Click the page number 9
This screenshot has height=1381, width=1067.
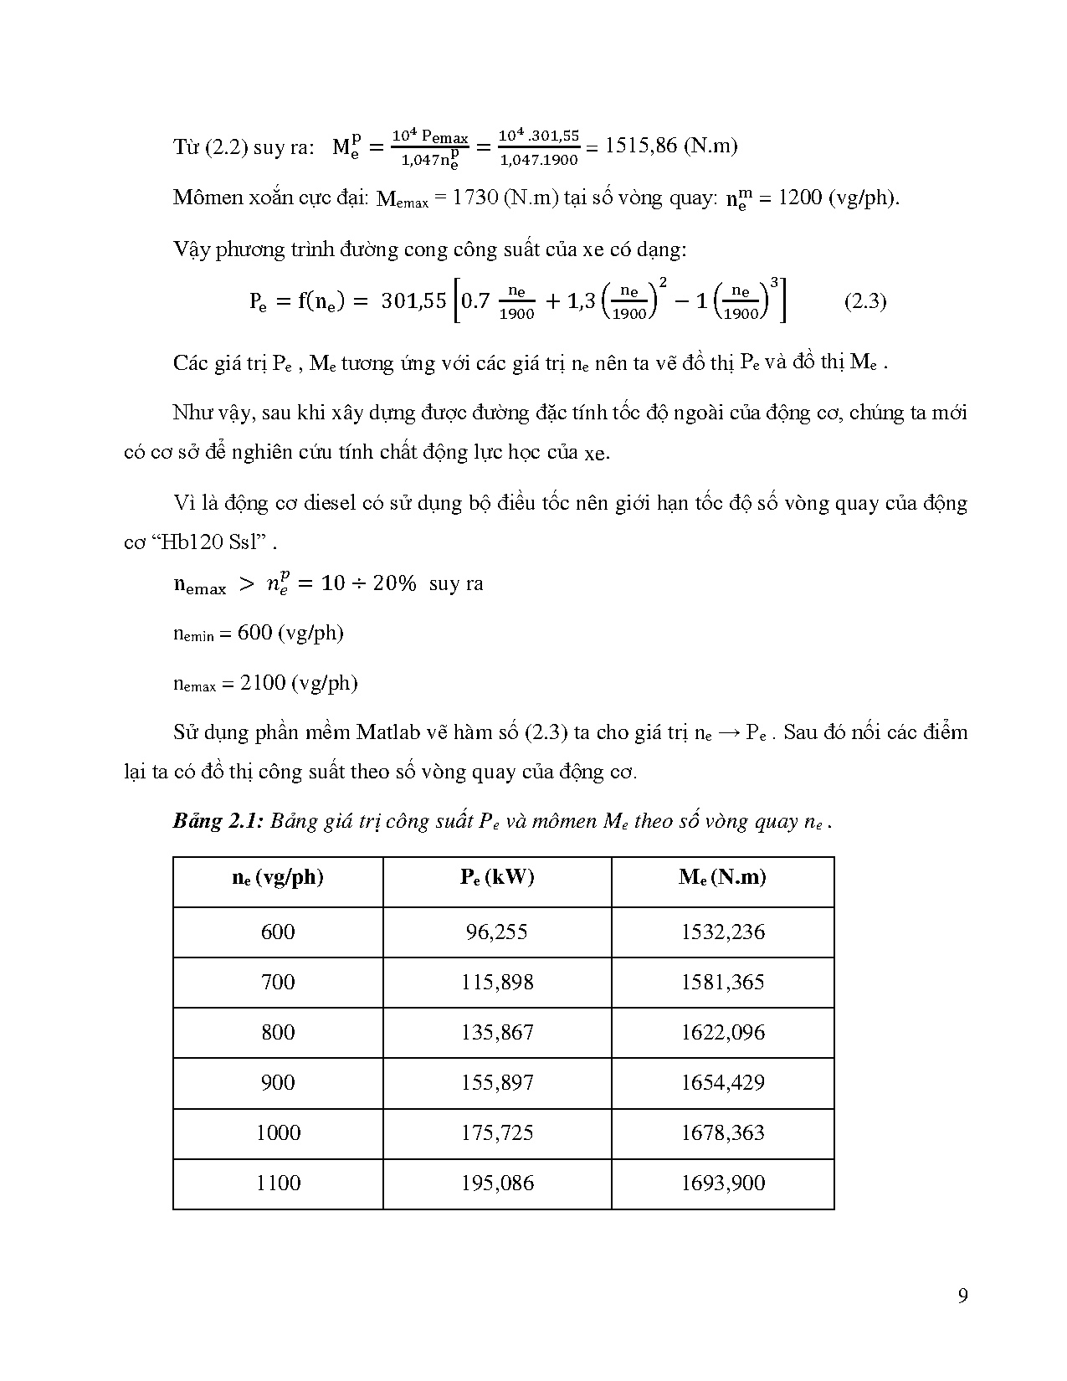[x=962, y=1296]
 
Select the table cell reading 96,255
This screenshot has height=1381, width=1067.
[x=497, y=932]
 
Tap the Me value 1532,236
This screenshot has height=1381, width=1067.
[x=723, y=932]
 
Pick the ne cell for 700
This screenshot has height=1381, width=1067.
[x=278, y=983]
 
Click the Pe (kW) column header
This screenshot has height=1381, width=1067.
[x=497, y=878]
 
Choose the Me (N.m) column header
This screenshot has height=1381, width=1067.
[x=723, y=878]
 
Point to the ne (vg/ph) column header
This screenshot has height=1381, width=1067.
[x=278, y=878]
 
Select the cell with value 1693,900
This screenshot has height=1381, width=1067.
[x=723, y=1183]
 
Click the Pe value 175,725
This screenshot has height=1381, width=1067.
[x=497, y=1133]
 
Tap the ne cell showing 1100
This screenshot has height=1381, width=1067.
[x=278, y=1183]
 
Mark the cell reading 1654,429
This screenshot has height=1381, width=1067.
[x=723, y=1083]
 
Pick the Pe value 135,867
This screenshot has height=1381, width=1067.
[x=497, y=1033]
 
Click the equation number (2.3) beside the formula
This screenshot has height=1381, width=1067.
[x=864, y=301]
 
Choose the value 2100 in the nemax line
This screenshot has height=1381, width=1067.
[x=263, y=683]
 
